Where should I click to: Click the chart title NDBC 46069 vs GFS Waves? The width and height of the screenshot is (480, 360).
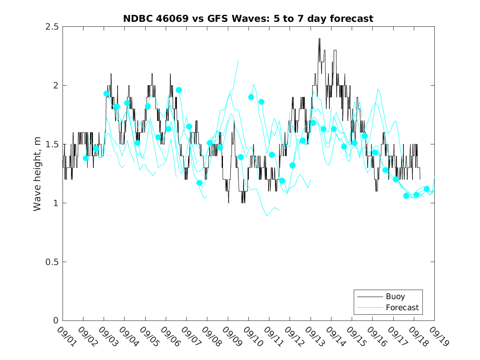point(248,19)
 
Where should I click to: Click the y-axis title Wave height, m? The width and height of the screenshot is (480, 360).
point(37,174)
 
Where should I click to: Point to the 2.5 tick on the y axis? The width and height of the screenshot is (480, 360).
point(54,27)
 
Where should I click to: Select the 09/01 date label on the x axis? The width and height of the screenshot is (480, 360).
point(66,336)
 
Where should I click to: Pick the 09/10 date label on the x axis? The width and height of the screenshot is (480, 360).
point(252,336)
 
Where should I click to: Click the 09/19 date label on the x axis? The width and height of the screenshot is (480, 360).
point(438,336)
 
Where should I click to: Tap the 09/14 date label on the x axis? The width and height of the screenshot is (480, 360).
point(335,336)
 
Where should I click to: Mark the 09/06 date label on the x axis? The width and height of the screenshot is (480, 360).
point(169,336)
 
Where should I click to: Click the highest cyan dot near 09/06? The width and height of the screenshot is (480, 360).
point(179,90)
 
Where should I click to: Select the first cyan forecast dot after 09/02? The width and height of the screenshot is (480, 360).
point(86,158)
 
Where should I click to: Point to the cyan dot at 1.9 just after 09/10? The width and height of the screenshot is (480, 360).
point(251,97)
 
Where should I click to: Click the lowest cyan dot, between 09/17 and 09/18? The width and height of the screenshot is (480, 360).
point(406,196)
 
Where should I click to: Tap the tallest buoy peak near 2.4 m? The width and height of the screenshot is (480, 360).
point(319,39)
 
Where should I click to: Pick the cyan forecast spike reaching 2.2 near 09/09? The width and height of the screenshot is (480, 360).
point(238,61)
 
